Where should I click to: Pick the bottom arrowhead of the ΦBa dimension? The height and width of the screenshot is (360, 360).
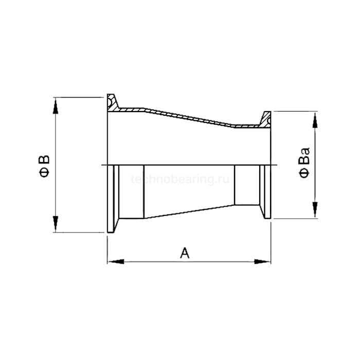pos(312,213)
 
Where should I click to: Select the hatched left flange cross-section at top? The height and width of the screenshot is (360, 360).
pos(113,102)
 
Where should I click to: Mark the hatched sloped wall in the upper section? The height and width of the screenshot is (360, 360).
pos(190,116)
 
